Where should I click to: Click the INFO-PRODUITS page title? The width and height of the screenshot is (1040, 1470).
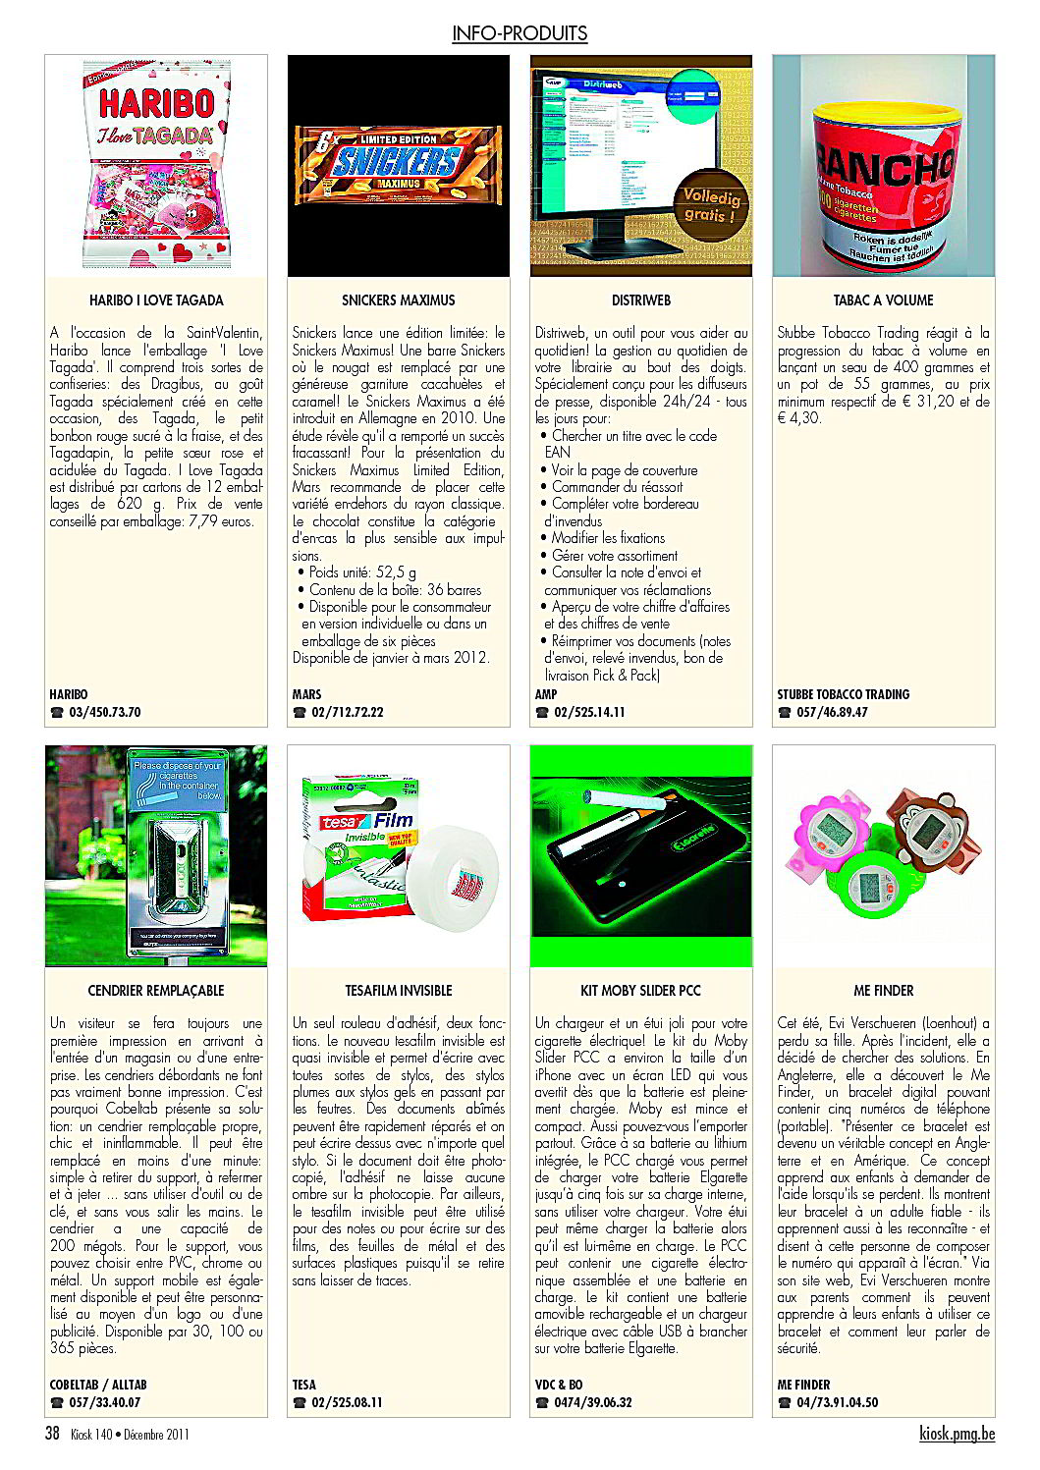tap(520, 33)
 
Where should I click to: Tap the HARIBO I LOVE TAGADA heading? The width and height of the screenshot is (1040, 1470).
tap(156, 300)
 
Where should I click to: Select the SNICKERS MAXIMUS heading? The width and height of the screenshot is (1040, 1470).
tap(398, 300)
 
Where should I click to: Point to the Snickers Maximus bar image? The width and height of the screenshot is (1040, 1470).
tap(398, 163)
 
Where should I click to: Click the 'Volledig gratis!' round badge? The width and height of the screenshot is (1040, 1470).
tap(710, 206)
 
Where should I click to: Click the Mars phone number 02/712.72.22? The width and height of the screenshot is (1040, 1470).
tap(347, 712)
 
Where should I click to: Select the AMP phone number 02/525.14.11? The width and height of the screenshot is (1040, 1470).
tap(589, 712)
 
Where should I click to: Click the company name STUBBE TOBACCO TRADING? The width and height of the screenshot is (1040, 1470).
tap(843, 694)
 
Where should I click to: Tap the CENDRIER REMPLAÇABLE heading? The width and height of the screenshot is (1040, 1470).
tap(156, 991)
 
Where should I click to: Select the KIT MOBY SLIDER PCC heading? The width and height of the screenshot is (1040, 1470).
tap(640, 991)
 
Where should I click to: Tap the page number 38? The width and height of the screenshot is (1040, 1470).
tap(52, 1434)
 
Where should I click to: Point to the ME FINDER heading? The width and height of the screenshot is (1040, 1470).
tap(883, 991)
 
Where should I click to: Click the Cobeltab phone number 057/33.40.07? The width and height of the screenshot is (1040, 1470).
tap(104, 1402)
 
